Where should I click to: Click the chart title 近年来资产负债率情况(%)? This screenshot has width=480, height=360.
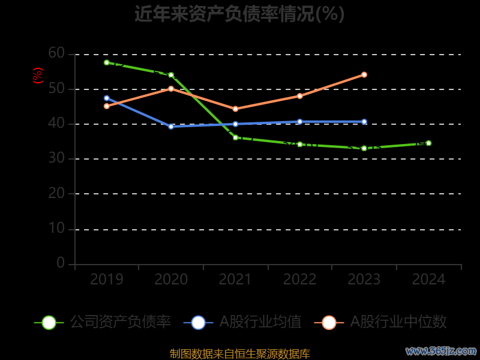point(239,14)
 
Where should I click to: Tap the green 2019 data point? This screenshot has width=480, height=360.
point(106,62)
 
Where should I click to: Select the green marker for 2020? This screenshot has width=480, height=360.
point(171,75)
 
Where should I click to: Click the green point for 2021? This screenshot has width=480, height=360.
point(235,137)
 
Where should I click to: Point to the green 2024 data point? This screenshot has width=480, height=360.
point(428,143)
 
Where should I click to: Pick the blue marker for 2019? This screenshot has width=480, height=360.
point(106,98)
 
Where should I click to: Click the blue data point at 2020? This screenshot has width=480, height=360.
point(171,127)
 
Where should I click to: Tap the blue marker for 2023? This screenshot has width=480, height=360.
point(364,122)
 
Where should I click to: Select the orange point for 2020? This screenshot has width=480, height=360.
point(171,89)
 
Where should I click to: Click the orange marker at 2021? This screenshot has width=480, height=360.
point(235,109)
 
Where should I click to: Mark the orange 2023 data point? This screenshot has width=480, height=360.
point(364,74)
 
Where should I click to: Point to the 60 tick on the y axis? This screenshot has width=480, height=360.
point(56,53)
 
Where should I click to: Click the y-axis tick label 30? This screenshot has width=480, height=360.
point(56,158)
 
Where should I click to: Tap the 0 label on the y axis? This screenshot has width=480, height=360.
point(61,263)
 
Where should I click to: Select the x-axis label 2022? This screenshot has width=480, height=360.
point(299,279)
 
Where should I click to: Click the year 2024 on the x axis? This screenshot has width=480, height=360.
point(428,279)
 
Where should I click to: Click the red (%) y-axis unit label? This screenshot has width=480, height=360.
point(37,76)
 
